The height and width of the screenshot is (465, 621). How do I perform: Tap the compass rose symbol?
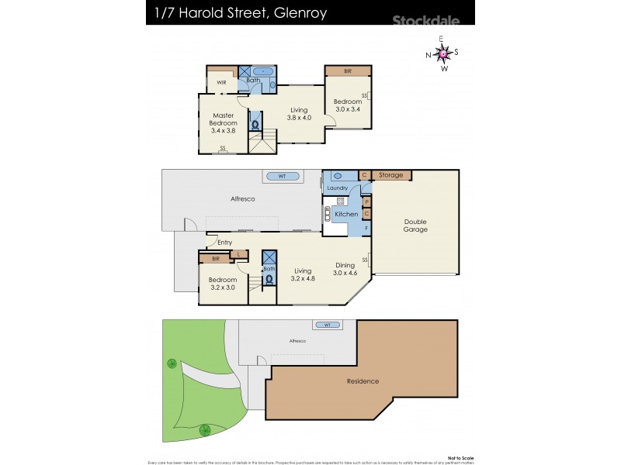[x=442, y=53]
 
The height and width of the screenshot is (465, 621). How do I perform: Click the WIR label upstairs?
[x=221, y=82]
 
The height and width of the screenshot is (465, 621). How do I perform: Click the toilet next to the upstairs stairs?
[x=255, y=123]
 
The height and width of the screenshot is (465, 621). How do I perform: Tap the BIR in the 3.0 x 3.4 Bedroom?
[x=347, y=71]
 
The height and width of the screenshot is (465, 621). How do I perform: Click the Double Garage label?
[x=415, y=226]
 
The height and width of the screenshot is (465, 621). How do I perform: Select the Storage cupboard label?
[x=390, y=175]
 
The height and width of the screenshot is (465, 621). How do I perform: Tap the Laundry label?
[x=338, y=188]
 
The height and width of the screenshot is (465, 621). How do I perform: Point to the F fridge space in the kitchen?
[x=366, y=229]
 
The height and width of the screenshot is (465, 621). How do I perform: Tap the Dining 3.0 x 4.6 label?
[x=344, y=269]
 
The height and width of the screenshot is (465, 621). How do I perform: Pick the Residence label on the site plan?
[x=363, y=381]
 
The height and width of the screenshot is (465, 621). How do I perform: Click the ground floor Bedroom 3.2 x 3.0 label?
[x=223, y=283]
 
